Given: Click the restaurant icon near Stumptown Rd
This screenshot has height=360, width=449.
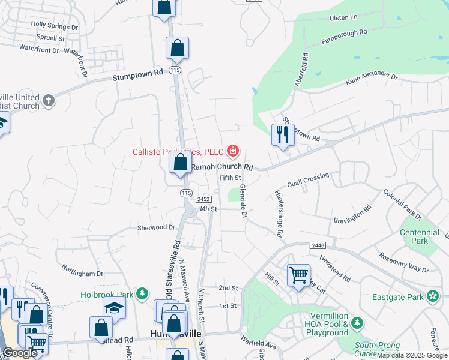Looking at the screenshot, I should tap(282, 135).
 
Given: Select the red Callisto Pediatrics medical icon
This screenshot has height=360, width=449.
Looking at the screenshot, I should tap(232, 151).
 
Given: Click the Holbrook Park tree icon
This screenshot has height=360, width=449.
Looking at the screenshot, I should tap(142, 293).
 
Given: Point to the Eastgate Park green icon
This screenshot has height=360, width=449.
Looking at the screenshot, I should tap(432, 295).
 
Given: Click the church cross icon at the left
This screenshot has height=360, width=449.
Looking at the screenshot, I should tap(49, 100).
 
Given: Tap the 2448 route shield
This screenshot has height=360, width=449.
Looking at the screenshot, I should tap(318, 246).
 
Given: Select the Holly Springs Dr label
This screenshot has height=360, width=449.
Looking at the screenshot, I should tap(55, 27).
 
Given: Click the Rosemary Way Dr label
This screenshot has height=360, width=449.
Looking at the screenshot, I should tap(404, 262).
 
